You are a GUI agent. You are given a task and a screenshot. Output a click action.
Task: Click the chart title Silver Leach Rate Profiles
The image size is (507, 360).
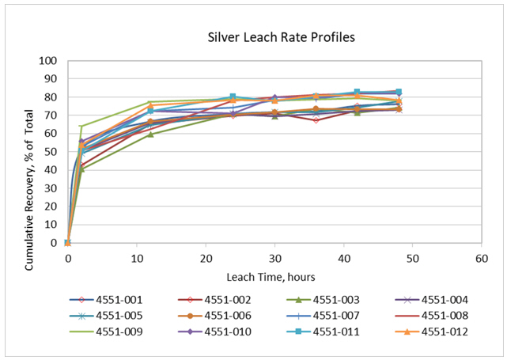pyautogui.click(x=281, y=37)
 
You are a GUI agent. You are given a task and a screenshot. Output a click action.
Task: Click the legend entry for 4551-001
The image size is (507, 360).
pyautogui.click(x=106, y=300)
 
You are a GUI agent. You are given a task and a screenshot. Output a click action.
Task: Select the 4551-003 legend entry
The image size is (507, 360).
pyautogui.click(x=323, y=300)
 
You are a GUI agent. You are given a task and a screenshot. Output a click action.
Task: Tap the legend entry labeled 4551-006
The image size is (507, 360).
pyautogui.click(x=214, y=316)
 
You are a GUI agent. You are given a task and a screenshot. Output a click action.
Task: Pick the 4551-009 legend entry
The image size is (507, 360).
pyautogui.click(x=106, y=332)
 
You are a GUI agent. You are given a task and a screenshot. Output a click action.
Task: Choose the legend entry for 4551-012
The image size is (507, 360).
pyautogui.click(x=432, y=332)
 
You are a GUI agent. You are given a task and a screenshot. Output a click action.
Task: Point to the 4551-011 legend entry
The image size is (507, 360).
pyautogui.click(x=323, y=332)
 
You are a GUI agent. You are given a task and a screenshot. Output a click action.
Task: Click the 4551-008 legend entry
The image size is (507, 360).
pyautogui.click(x=432, y=316)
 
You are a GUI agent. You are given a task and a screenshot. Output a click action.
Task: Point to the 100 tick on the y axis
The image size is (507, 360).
pyautogui.click(x=48, y=61)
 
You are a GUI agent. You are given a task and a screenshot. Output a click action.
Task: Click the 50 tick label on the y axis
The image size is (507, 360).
pyautogui.click(x=51, y=152)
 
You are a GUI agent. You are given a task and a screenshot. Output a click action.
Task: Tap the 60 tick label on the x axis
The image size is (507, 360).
pyautogui.click(x=482, y=259)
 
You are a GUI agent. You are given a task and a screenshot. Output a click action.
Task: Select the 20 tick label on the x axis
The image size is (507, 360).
pyautogui.click(x=206, y=259)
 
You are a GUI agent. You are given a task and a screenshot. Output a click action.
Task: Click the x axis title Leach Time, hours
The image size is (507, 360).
pyautogui.click(x=271, y=277)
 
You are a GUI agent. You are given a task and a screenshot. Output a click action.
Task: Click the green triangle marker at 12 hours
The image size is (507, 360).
pyautogui.click(x=150, y=135)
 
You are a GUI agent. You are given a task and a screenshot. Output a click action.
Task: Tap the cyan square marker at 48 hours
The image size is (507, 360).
pyautogui.click(x=399, y=92)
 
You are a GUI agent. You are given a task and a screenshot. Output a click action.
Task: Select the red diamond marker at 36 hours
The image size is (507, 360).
pyautogui.click(x=316, y=120)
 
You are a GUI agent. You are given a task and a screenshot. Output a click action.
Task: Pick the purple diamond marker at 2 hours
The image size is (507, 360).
pyautogui.click(x=81, y=142)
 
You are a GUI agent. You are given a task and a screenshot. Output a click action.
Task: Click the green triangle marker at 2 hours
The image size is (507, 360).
pyautogui.click(x=81, y=169)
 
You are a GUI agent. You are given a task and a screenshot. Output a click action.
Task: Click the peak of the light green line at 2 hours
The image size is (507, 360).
pyautogui.click(x=81, y=126)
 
